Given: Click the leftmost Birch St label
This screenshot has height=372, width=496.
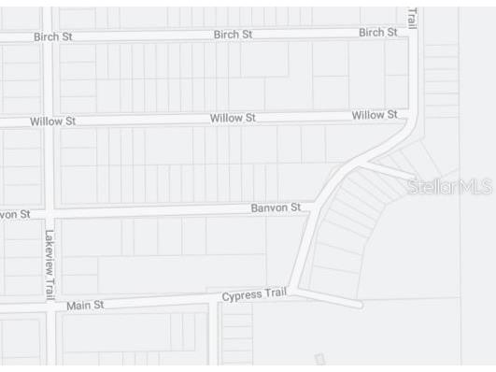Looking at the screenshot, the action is click(x=53, y=36).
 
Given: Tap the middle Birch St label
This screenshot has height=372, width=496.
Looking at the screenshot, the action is click(x=233, y=35).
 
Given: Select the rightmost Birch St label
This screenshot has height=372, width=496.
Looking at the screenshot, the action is click(x=378, y=32).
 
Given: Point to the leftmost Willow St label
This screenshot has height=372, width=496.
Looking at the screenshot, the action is click(x=52, y=122).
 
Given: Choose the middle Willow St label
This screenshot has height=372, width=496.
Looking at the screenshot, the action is click(x=233, y=118).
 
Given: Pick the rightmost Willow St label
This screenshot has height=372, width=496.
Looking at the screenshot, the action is click(x=375, y=115).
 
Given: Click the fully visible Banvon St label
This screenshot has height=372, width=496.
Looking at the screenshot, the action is click(x=276, y=207).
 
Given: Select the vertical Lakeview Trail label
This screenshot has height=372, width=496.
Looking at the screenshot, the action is click(x=50, y=264).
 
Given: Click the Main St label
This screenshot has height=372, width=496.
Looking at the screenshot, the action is click(x=85, y=305).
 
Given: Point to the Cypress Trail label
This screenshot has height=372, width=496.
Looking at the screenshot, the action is click(x=254, y=295).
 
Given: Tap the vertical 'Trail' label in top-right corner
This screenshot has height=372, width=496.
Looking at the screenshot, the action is click(x=412, y=17).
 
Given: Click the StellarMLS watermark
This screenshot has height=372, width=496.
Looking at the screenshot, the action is click(x=449, y=187).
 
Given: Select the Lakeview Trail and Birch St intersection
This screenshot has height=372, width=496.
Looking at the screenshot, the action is click(x=50, y=37).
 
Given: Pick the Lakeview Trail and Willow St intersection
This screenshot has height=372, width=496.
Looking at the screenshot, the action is click(x=50, y=122).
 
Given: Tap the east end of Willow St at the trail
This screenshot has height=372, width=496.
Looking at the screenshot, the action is click(x=409, y=114).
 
